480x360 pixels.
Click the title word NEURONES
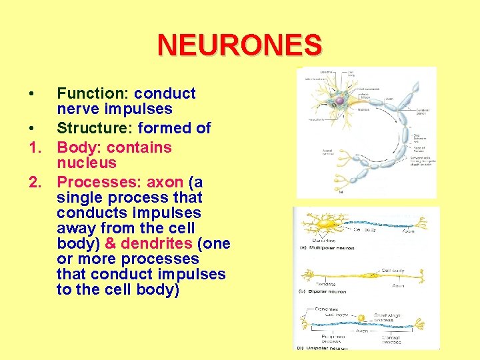pyautogui.click(x=239, y=45)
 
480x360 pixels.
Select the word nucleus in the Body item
pyautogui.click(x=87, y=163)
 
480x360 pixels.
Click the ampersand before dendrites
pyautogui.click(x=111, y=243)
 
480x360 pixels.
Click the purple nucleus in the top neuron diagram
pyautogui.click(x=339, y=101)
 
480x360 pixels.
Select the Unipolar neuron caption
pyautogui.click(x=329, y=347)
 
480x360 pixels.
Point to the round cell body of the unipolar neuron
pyautogui.click(x=363, y=318)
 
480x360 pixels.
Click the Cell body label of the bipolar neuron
pyautogui.click(x=393, y=271)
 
